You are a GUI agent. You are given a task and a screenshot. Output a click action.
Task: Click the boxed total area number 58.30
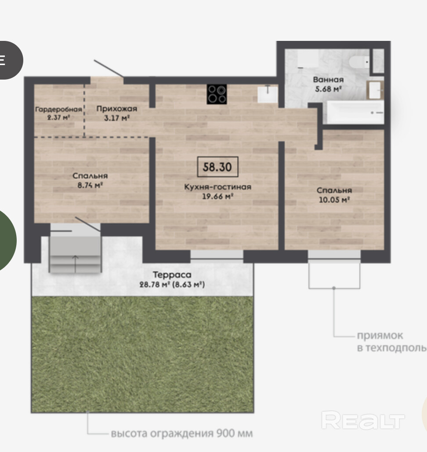[217, 167]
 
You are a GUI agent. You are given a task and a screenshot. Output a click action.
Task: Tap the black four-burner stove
[217, 94]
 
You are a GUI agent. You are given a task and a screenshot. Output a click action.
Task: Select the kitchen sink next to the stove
[268, 94]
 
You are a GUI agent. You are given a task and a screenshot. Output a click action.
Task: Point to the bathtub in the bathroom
[355, 112]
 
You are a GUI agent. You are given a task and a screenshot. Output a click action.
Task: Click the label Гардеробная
[58, 109]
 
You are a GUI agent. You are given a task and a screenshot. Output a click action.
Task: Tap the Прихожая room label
[116, 109]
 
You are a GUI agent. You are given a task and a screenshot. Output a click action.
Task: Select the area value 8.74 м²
[90, 185]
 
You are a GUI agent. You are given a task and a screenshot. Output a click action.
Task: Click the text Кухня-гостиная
[218, 187]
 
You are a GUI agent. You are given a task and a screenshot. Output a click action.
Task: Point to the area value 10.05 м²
[334, 200]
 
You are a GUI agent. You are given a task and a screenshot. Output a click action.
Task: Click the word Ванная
[328, 80]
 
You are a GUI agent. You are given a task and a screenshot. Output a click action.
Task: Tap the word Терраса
[172, 275]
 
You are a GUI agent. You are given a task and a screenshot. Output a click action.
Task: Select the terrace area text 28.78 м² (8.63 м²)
[172, 284]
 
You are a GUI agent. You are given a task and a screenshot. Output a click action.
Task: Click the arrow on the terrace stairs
[76, 264]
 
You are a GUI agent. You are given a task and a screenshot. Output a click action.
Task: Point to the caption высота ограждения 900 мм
[182, 433]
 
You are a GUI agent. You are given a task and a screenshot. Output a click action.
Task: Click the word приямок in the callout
[380, 335]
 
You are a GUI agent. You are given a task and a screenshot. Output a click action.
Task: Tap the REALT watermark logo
[363, 421]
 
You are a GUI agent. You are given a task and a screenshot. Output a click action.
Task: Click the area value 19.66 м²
[218, 197]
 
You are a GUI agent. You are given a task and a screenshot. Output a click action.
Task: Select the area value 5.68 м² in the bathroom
[328, 89]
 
